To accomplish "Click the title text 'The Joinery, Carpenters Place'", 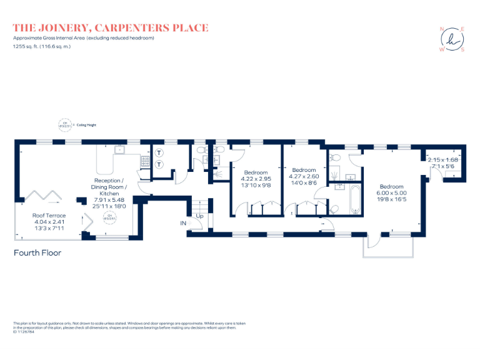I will point(111,28).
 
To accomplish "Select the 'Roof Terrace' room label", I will point(49,216).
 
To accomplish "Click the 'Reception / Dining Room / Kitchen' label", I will point(109,186).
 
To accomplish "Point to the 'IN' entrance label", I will point(184,223).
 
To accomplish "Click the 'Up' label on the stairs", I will point(200,216).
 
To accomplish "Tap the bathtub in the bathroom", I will point(355,199).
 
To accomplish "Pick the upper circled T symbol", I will point(159,152).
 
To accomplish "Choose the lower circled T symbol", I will point(159,164).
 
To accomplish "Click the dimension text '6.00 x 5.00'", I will point(392,193).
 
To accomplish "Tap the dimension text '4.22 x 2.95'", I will point(256,179).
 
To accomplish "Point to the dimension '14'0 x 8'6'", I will point(304,182).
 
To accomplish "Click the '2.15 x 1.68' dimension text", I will point(443,160).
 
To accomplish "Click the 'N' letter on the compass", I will point(442,29).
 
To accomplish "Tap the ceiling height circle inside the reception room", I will point(110,217).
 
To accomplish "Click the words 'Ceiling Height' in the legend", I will point(87,125).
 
